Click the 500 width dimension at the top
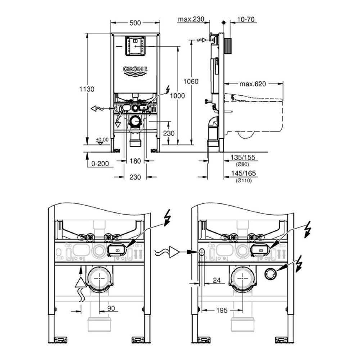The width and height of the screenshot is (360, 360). pos(135,23)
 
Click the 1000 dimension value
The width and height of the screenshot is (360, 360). pos(178,95)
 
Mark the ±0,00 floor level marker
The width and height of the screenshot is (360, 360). pos(102,140)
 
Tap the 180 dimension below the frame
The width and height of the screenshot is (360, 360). pos(135,161)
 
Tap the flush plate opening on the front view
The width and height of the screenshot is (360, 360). pos(135,46)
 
